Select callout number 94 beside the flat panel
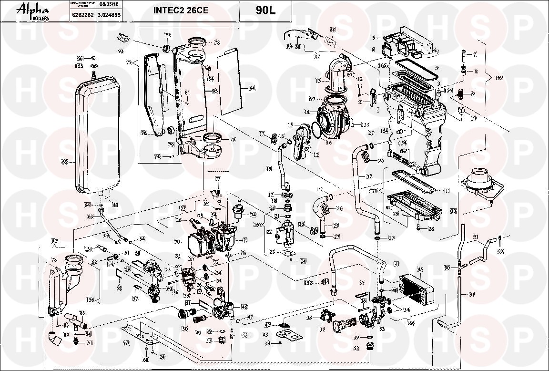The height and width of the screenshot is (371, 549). (x=252, y=89)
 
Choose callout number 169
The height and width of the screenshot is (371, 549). (x=499, y=77)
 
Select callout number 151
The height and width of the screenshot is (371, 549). (x=88, y=248)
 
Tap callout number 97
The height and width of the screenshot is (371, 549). (x=313, y=99)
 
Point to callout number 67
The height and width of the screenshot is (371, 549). (x=127, y=343)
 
